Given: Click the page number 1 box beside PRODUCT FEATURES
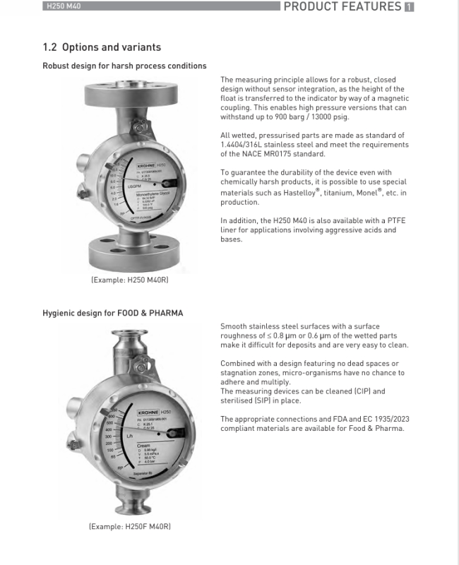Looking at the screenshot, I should point(409,7).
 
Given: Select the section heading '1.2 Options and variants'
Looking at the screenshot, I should point(102,47).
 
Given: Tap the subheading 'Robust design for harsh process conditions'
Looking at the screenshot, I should point(124,66).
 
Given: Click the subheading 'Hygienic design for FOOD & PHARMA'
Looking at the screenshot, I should point(112,313).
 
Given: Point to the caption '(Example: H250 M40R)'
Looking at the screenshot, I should point(129,280).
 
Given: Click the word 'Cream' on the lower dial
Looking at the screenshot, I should point(143,446).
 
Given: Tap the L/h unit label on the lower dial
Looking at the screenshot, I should point(129,436).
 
